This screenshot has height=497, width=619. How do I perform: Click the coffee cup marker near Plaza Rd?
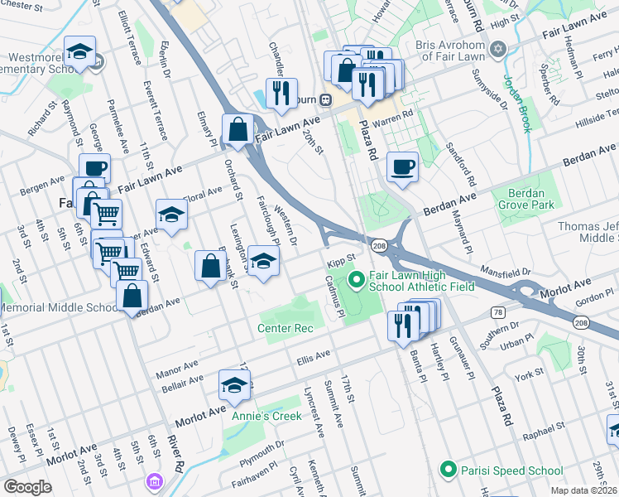point(402,166)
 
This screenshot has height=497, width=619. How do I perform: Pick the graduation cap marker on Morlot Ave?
point(234,386)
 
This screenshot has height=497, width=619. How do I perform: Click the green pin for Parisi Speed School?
point(448,470)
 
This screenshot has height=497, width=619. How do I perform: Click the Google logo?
point(27,487)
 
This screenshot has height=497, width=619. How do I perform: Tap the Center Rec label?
point(286,329)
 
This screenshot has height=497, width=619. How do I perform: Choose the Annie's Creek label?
point(266,416)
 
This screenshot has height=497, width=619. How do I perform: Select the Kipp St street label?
point(340,263)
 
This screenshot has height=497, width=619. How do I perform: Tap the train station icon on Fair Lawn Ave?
point(326,100)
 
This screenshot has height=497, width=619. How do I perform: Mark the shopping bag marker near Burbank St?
point(210,267)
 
